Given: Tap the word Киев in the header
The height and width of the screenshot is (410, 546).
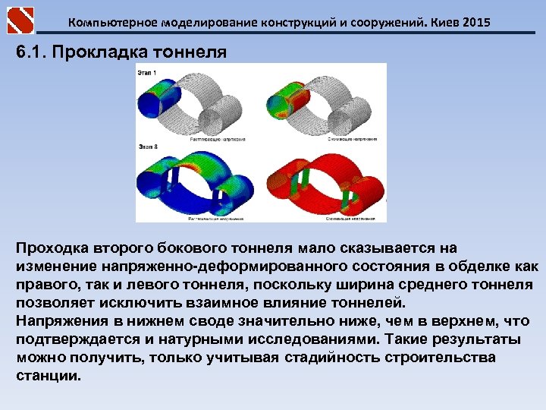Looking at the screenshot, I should tap(439, 23).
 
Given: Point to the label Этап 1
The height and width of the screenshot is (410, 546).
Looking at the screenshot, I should tap(147, 72).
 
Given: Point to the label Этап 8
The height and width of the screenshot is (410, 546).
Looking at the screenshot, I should tap(147, 145).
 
